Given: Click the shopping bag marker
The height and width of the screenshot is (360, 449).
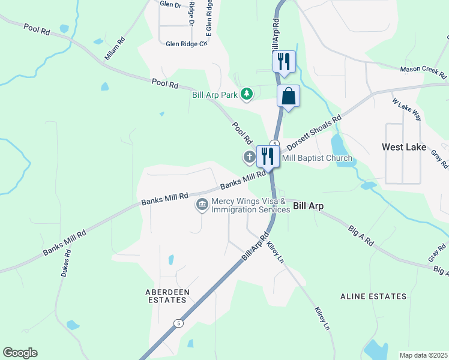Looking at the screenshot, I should tap(289, 97).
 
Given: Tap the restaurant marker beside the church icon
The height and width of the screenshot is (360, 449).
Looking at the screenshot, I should tap(268, 157).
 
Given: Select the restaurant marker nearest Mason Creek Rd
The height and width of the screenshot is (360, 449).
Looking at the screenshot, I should tap(285, 62).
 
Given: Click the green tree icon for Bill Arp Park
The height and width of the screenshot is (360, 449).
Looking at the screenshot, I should tap(246, 94).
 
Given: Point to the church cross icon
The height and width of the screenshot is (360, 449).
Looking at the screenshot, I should tap(249, 157).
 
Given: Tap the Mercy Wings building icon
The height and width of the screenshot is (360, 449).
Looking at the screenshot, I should tap(202, 205).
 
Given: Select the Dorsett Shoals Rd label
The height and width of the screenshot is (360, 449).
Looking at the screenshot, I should tap(313, 132).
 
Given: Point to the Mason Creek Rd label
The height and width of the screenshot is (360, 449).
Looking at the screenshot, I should tap(424, 73).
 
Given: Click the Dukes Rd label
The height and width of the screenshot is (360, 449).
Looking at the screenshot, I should tap(66, 263).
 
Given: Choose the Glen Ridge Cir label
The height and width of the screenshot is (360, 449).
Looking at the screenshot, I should tap(187, 44).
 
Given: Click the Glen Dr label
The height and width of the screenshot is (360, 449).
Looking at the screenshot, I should tap(170, 4).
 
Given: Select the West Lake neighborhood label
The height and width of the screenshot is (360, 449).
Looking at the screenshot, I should tap(404, 147).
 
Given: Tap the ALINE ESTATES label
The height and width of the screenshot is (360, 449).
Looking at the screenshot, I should tap(373, 296).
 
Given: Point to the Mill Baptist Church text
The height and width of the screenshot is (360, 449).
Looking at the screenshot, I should tap(317, 158).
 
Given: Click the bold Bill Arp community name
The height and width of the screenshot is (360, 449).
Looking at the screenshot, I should tap(309, 206).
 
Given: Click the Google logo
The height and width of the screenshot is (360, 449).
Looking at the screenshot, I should tap(20, 353).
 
